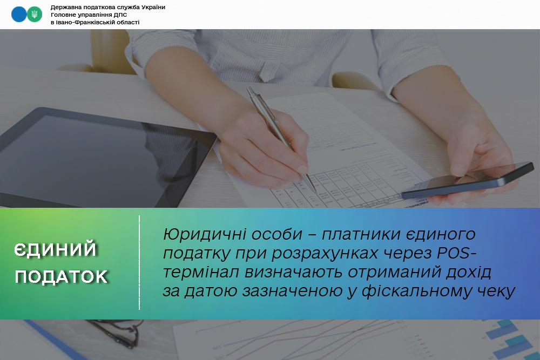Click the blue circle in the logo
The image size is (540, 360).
(x=19, y=15)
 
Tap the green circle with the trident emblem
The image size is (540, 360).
(x=35, y=15)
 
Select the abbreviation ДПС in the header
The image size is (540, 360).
(x=120, y=15)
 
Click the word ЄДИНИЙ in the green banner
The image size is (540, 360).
(x=55, y=249)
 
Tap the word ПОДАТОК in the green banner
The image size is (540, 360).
(x=62, y=277)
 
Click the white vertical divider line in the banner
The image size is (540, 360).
(x=139, y=263)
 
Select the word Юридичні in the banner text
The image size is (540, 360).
(x=205, y=235)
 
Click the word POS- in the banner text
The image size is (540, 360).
(x=457, y=253)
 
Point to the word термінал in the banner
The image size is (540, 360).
(x=201, y=272)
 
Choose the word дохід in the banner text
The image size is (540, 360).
(x=469, y=272)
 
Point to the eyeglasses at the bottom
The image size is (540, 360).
(x=117, y=334)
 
